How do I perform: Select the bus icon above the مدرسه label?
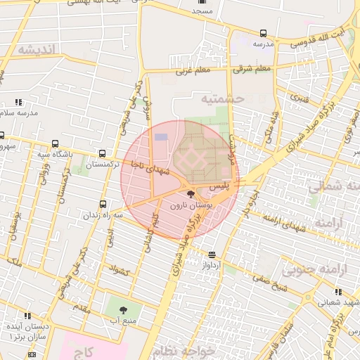click(263, 33)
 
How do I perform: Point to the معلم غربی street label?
click(193, 71)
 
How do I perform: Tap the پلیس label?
click(221, 188)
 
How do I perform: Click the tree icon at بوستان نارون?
click(190, 194)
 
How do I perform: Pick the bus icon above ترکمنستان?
click(104, 153)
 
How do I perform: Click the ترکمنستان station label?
click(104, 164)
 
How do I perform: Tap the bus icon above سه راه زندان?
click(103, 204)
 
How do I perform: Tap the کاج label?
click(84, 349)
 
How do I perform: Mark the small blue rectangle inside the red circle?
click(162, 136)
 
